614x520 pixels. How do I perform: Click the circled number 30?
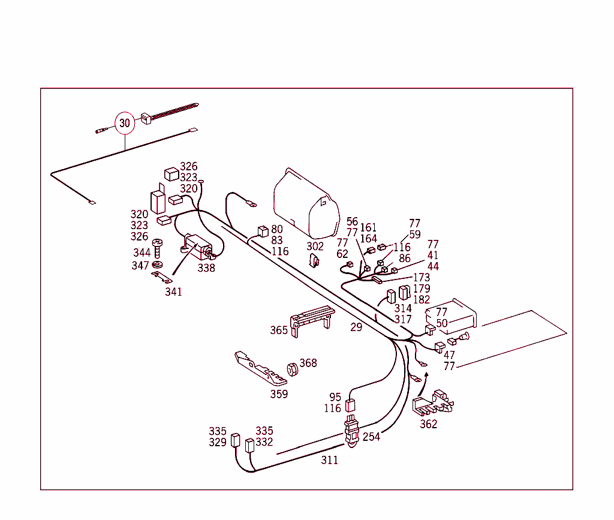(x=124, y=124)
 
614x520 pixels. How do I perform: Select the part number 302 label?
(x=315, y=246)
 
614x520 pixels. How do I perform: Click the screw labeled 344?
(x=158, y=247)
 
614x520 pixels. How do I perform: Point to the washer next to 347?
(x=158, y=264)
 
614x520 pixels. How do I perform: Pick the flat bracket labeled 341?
(x=161, y=276)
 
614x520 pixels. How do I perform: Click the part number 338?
(x=206, y=268)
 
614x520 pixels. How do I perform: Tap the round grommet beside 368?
(x=292, y=370)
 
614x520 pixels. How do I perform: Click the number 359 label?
(x=279, y=394)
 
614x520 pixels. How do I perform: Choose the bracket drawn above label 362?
(x=434, y=403)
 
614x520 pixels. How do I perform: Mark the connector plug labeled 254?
(x=351, y=430)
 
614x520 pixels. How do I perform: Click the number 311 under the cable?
(x=329, y=460)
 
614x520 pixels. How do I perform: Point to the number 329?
(x=218, y=442)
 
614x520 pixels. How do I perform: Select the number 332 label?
(x=264, y=442)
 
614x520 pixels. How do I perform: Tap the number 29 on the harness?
(x=356, y=327)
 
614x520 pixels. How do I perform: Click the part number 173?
(x=422, y=278)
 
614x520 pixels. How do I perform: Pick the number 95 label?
(x=335, y=397)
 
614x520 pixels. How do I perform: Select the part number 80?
(x=276, y=229)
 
